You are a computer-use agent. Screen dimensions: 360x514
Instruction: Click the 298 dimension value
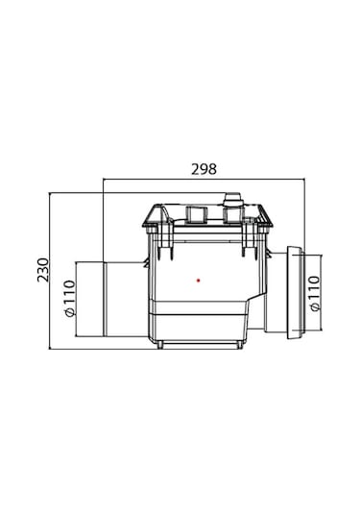tap(204, 169)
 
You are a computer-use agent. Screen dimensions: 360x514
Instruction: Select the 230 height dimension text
tap(43, 270)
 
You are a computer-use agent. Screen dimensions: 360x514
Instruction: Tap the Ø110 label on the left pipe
tap(69, 298)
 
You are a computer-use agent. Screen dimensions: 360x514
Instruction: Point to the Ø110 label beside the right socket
tap(315, 294)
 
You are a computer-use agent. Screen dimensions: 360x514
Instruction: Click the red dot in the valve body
tap(198, 281)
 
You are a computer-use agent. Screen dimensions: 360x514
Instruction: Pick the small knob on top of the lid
tap(232, 199)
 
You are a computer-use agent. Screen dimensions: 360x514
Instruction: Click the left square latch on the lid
tap(197, 214)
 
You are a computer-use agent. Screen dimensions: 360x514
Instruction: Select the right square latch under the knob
tap(233, 214)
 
